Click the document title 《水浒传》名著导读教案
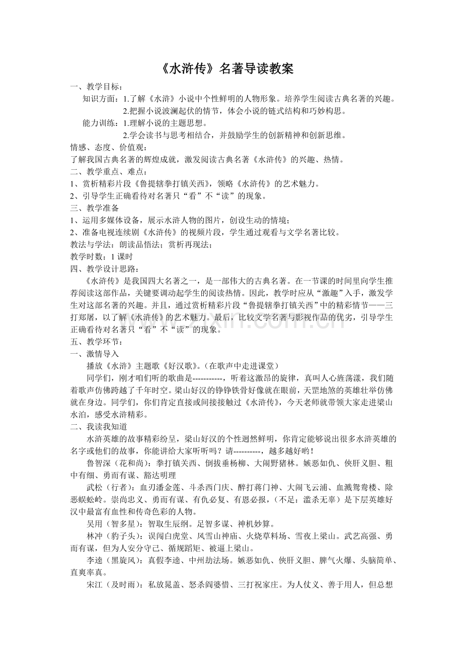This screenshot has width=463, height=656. (x=228, y=69)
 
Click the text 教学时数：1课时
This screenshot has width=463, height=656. (x=101, y=256)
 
